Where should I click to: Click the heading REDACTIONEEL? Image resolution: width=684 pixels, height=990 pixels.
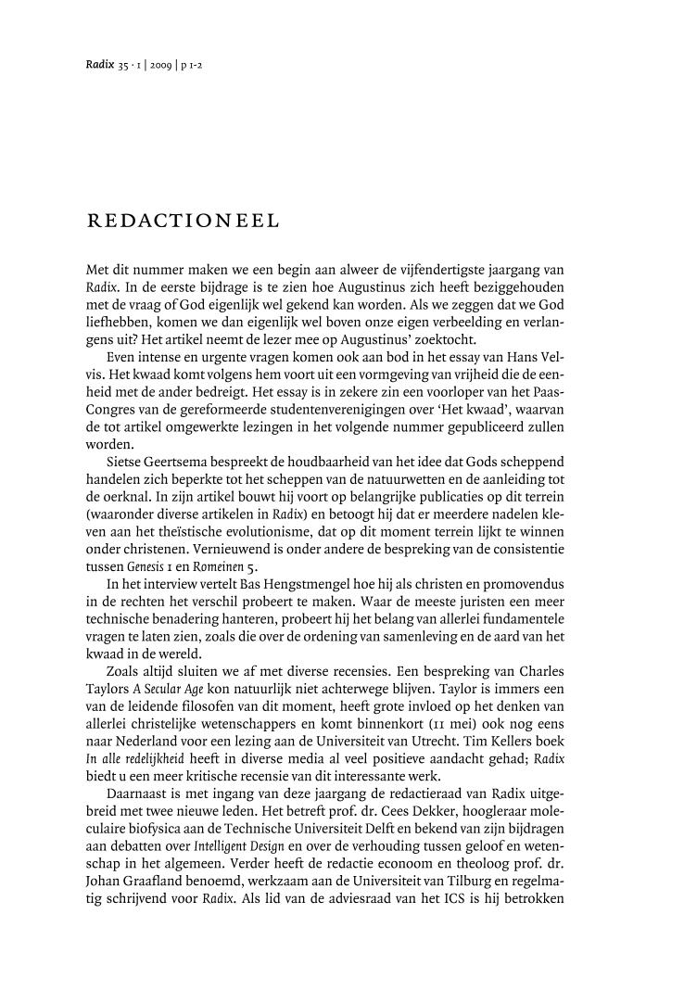[182, 222]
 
